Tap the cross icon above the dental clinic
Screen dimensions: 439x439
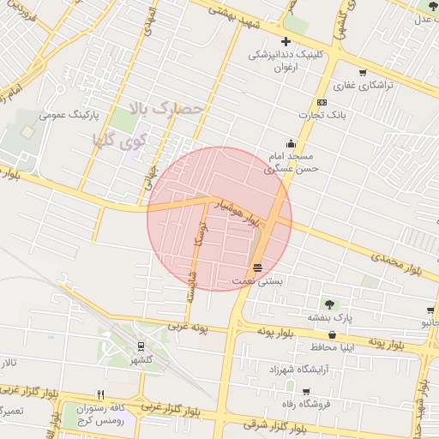(286, 41)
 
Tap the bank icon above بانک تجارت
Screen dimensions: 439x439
(322, 102)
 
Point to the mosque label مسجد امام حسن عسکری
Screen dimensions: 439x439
(292, 163)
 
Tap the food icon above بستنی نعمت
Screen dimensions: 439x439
(257, 268)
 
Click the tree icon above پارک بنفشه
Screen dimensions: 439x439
(328, 304)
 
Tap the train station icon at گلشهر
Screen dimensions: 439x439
(140, 346)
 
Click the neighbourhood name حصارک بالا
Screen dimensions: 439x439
(167, 109)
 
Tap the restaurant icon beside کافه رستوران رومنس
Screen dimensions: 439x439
(100, 395)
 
